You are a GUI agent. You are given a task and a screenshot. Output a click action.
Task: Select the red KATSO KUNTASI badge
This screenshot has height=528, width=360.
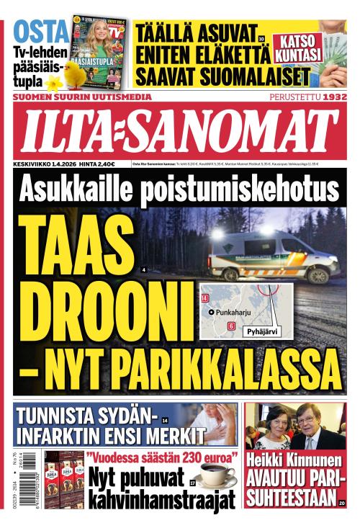tap(297, 45)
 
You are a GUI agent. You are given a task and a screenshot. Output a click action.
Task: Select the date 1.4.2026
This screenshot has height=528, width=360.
tap(64, 164)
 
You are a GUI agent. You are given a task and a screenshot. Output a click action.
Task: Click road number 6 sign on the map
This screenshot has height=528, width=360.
tap(231, 326)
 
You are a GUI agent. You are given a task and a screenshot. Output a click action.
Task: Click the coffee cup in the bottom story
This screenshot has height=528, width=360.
tap(216, 476)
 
